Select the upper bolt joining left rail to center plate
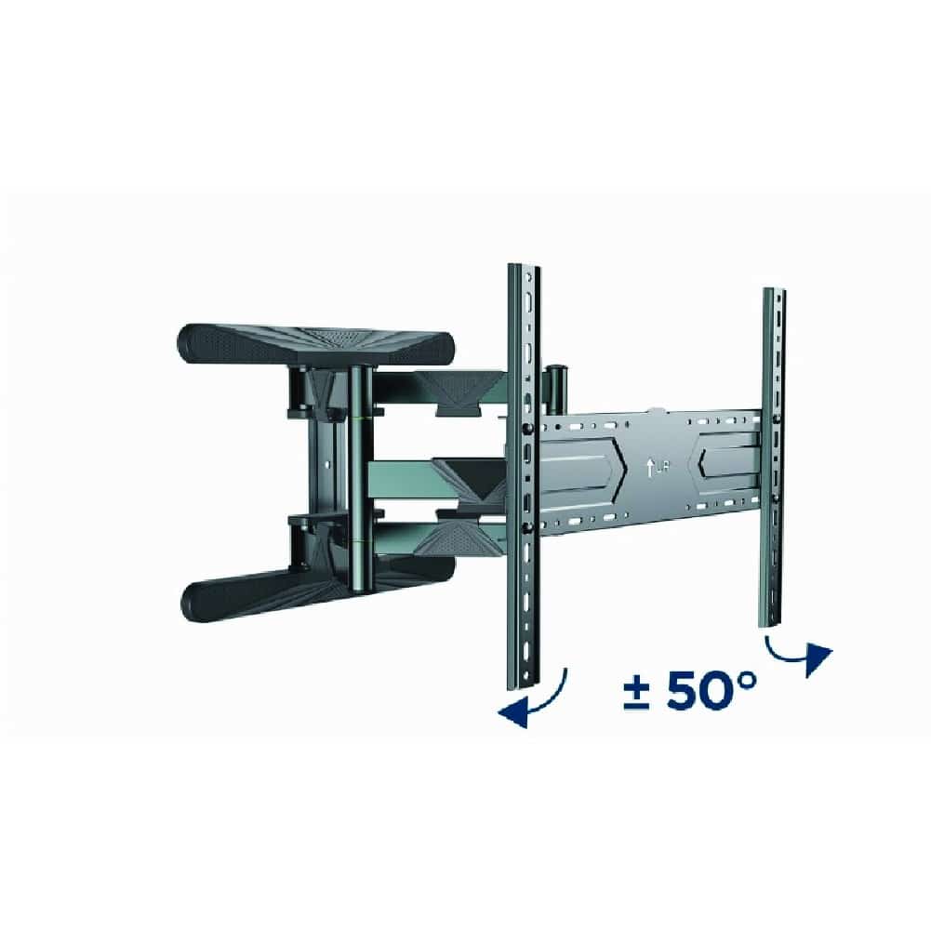click(x=527, y=427)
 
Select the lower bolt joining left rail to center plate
click(x=527, y=527)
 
